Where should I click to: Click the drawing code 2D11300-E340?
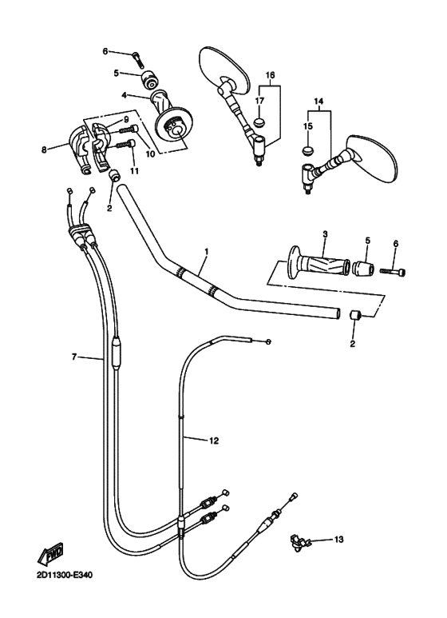pos(65,575)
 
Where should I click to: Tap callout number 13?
pos(338,539)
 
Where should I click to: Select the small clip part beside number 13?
pos(299,541)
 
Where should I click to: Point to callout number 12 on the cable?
pos(213,441)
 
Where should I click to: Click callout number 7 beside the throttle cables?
pos(74,357)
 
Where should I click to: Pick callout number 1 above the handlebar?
pos(207,251)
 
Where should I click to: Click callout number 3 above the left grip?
pos(325,233)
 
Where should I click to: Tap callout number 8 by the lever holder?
pos(44,150)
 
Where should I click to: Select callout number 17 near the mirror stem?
pos(259,101)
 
